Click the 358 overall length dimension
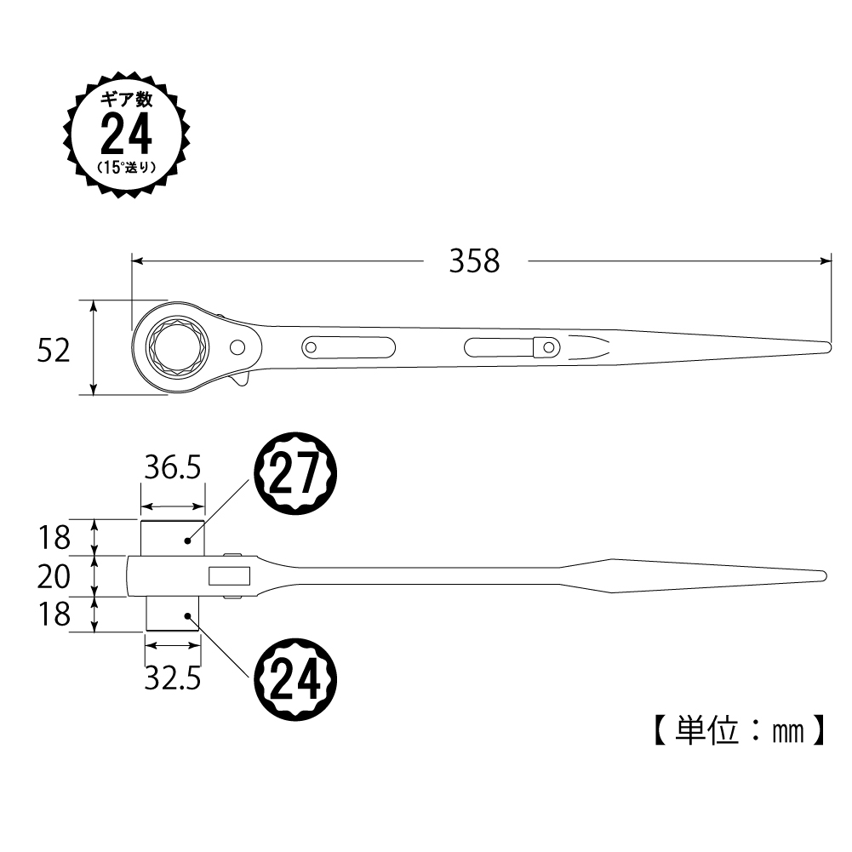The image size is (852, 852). click(474, 260)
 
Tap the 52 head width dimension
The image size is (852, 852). click(54, 351)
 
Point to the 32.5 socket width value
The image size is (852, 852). click(173, 678)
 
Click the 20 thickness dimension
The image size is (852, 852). click(54, 576)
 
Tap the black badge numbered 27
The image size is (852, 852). click(295, 473)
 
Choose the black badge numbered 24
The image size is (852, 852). click(295, 680)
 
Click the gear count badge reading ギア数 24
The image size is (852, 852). click(127, 134)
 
